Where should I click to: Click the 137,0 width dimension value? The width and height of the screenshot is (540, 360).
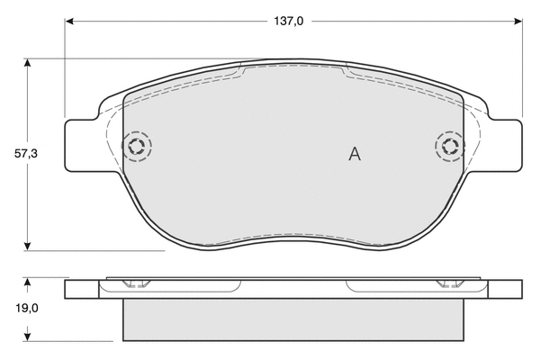point(289,22)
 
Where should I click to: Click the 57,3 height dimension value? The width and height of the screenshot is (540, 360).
point(26,154)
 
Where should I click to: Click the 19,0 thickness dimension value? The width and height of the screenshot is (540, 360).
point(26,309)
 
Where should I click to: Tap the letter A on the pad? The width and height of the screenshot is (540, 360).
point(355,154)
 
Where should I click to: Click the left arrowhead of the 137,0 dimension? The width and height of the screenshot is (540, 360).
point(69,22)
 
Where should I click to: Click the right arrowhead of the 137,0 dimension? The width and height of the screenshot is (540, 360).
point(518,22)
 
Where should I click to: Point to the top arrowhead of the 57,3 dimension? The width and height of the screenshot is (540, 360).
point(28,63)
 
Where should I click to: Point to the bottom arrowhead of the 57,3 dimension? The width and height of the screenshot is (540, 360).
point(28,246)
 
